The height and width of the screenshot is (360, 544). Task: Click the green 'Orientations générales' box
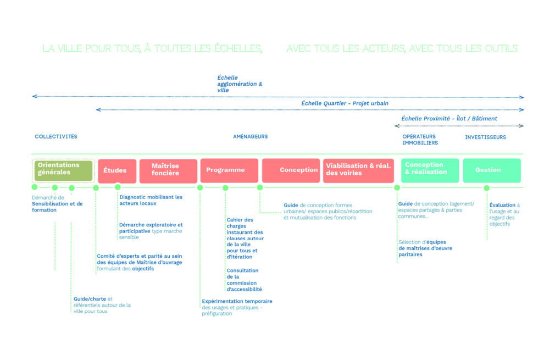pyautogui.click(x=64, y=170)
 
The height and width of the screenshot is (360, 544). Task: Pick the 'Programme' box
pyautogui.click(x=229, y=170)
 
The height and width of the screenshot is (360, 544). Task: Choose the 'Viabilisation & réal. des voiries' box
pyautogui.click(x=358, y=170)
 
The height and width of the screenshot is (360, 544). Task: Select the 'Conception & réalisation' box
pyautogui.click(x=430, y=170)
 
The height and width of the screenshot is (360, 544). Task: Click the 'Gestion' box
pyautogui.click(x=491, y=170)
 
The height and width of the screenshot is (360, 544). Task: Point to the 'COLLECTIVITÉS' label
pyautogui.click(x=56, y=137)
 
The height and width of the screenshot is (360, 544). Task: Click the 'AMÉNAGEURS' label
pyautogui.click(x=250, y=137)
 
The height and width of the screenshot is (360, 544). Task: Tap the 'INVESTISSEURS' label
pyautogui.click(x=485, y=137)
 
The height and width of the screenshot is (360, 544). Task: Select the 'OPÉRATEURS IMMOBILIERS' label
pyautogui.click(x=420, y=140)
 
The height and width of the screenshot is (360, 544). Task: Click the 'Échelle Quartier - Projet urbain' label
pyautogui.click(x=345, y=103)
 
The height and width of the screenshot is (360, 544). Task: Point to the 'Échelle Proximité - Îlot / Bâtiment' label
pyautogui.click(x=449, y=119)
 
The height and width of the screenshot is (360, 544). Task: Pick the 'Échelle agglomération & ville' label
pyautogui.click(x=240, y=84)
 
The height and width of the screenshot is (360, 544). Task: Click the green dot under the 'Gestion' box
pyautogui.click(x=486, y=188)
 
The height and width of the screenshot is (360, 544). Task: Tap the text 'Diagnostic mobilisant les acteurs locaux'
pyautogui.click(x=151, y=200)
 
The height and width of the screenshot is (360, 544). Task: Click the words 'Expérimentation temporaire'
pyautogui.click(x=237, y=301)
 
